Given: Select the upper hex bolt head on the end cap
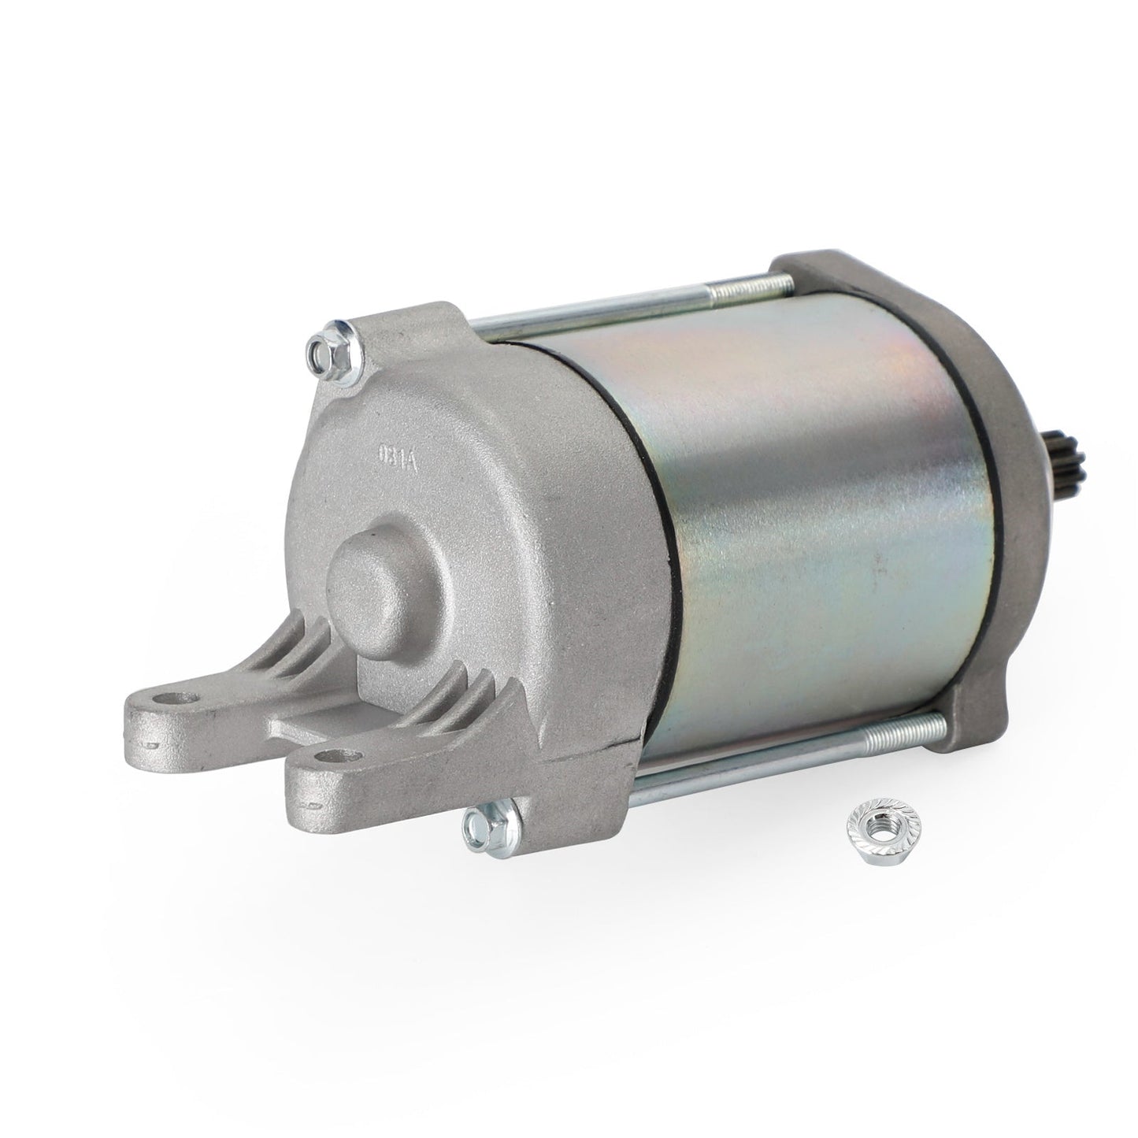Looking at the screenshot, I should pos(325,348).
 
